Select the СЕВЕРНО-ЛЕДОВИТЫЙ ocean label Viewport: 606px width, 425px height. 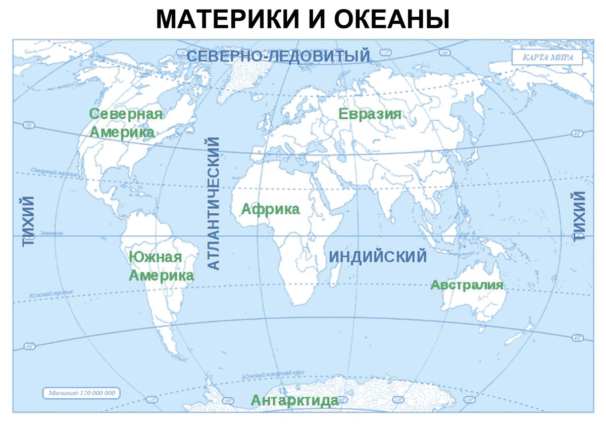click(x=279, y=56)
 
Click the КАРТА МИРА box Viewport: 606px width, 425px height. click(x=547, y=57)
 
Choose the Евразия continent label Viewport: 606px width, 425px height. click(x=370, y=114)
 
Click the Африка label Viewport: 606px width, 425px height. click(x=270, y=209)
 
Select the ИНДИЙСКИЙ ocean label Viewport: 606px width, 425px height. click(x=378, y=257)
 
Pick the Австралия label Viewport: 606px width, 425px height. click(x=467, y=285)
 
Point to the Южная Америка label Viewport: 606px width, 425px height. click(x=161, y=266)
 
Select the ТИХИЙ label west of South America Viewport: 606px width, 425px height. click(x=29, y=221)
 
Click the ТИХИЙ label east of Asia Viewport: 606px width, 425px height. click(x=579, y=216)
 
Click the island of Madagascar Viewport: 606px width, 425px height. click(x=334, y=275)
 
